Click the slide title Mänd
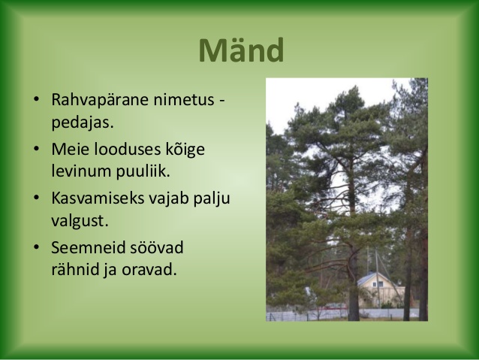tap(241, 50)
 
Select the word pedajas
tap(83, 123)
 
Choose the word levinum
tap(81, 171)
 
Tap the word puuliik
tap(143, 171)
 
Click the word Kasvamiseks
tap(98, 198)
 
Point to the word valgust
tap(80, 221)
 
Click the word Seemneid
tap(89, 247)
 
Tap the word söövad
tap(157, 247)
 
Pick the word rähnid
tap(74, 270)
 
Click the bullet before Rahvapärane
tap(36, 99)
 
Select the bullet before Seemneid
tap(36, 247)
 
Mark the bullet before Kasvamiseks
tap(36, 198)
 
